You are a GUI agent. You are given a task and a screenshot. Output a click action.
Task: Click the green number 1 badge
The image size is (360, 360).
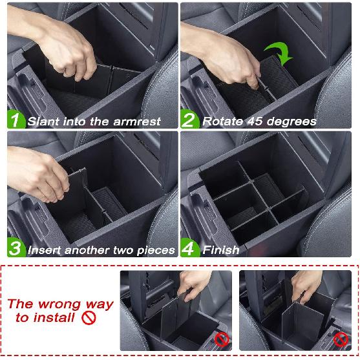16,120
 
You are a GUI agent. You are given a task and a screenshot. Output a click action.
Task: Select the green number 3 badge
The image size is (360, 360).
16,248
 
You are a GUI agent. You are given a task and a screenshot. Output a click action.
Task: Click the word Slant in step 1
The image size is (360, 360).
45,121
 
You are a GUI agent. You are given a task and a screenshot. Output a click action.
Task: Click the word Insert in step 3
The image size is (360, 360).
45,249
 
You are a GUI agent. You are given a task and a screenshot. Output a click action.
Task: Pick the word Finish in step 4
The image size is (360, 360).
220,249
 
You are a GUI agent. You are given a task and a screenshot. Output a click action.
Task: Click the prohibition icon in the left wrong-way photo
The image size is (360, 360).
222,338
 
